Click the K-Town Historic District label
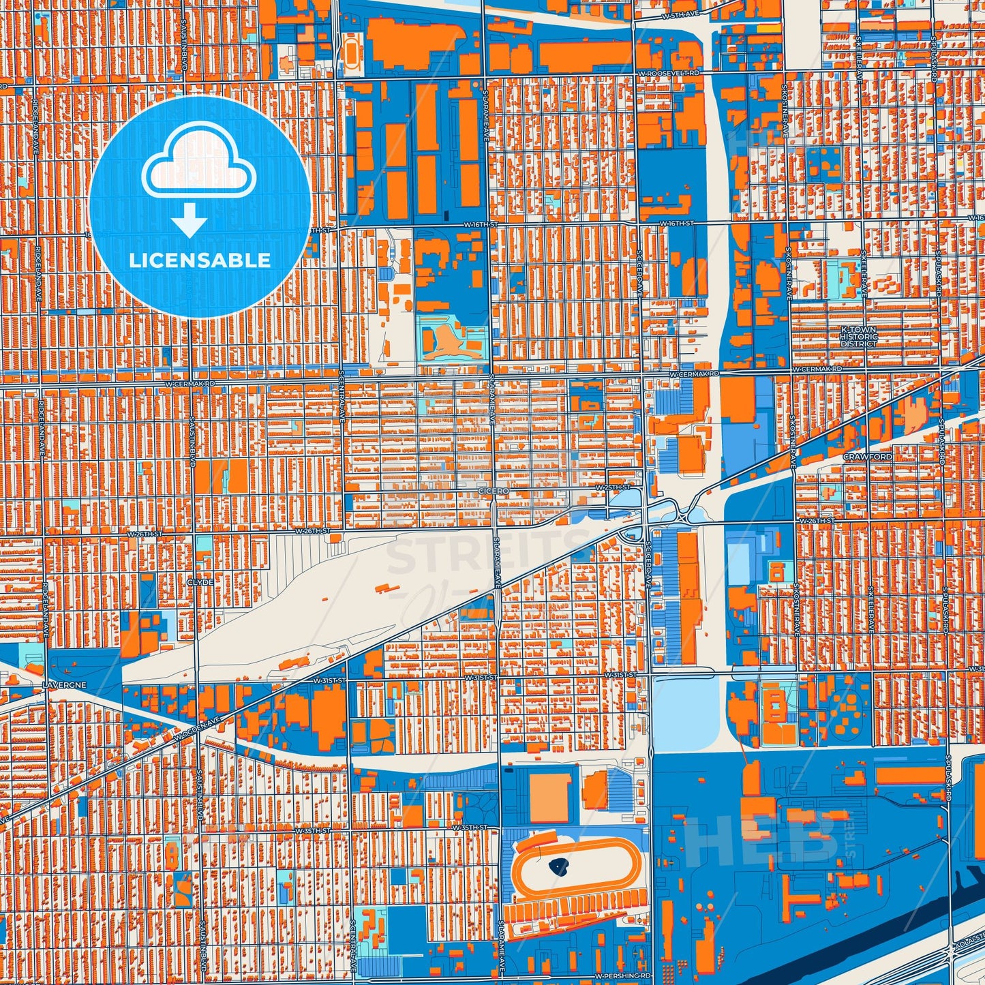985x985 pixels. point(858,337)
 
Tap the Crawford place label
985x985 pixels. point(867,456)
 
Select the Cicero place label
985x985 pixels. point(494,491)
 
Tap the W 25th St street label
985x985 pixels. point(612,488)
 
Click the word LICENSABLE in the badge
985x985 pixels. point(200,260)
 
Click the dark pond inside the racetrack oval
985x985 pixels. point(560,868)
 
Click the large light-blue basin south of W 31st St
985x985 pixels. point(684,713)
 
